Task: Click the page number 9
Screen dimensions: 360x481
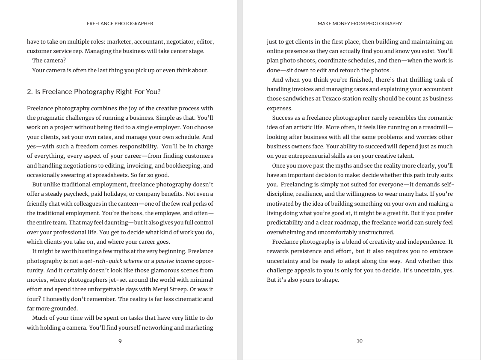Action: coord(120,341)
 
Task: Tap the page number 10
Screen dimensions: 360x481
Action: coord(360,341)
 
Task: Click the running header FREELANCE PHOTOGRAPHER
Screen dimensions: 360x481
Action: coord(120,24)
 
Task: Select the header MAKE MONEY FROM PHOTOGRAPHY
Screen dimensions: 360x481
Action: coord(360,24)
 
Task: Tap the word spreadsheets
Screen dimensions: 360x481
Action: coord(109,175)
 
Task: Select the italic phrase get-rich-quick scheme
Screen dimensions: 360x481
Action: coord(113,261)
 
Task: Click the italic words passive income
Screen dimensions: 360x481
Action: coord(174,261)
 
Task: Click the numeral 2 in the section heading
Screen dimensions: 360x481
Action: coord(29,91)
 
